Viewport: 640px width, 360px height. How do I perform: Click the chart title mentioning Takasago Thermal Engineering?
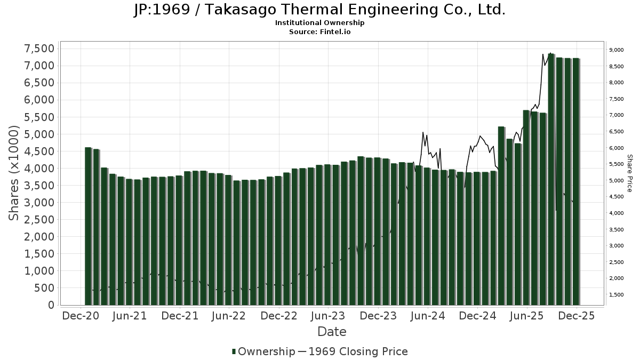(319, 10)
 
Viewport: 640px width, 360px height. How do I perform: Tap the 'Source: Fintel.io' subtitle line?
(319, 32)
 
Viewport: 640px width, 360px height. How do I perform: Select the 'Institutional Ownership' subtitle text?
(319, 23)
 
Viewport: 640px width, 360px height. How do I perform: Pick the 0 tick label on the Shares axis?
(51, 305)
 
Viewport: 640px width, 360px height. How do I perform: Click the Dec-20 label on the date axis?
(81, 316)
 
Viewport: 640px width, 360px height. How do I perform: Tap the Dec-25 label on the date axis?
(577, 316)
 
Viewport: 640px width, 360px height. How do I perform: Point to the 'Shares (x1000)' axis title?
(15, 173)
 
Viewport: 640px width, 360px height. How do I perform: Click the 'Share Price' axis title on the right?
(629, 173)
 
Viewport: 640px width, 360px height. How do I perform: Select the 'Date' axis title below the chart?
(332, 332)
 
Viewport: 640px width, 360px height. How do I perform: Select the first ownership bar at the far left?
(88, 227)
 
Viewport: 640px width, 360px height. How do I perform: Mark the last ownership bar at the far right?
(576, 182)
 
